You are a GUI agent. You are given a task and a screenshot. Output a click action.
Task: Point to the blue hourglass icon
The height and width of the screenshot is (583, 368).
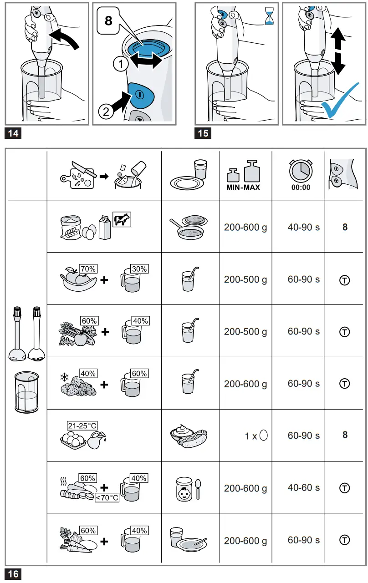pos(271,17)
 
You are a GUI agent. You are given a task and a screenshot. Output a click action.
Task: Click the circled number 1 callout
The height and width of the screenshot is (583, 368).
pos(120,65)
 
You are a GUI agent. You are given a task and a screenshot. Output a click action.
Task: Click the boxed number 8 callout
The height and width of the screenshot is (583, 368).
pos(108,21)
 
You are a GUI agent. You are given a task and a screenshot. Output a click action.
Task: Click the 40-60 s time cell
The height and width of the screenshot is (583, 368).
pos(303,488)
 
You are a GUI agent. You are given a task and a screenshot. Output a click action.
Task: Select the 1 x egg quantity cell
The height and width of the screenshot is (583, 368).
pos(256,436)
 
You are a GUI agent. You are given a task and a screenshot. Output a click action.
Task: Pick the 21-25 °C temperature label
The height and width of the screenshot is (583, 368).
pos(82,426)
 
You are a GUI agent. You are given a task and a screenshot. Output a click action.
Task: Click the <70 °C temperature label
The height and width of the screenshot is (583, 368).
pos(107,498)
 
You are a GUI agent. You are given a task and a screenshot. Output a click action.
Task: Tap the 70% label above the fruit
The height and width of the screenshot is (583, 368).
pos(87,269)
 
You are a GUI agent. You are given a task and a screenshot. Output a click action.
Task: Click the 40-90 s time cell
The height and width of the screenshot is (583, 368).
pos(303,227)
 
